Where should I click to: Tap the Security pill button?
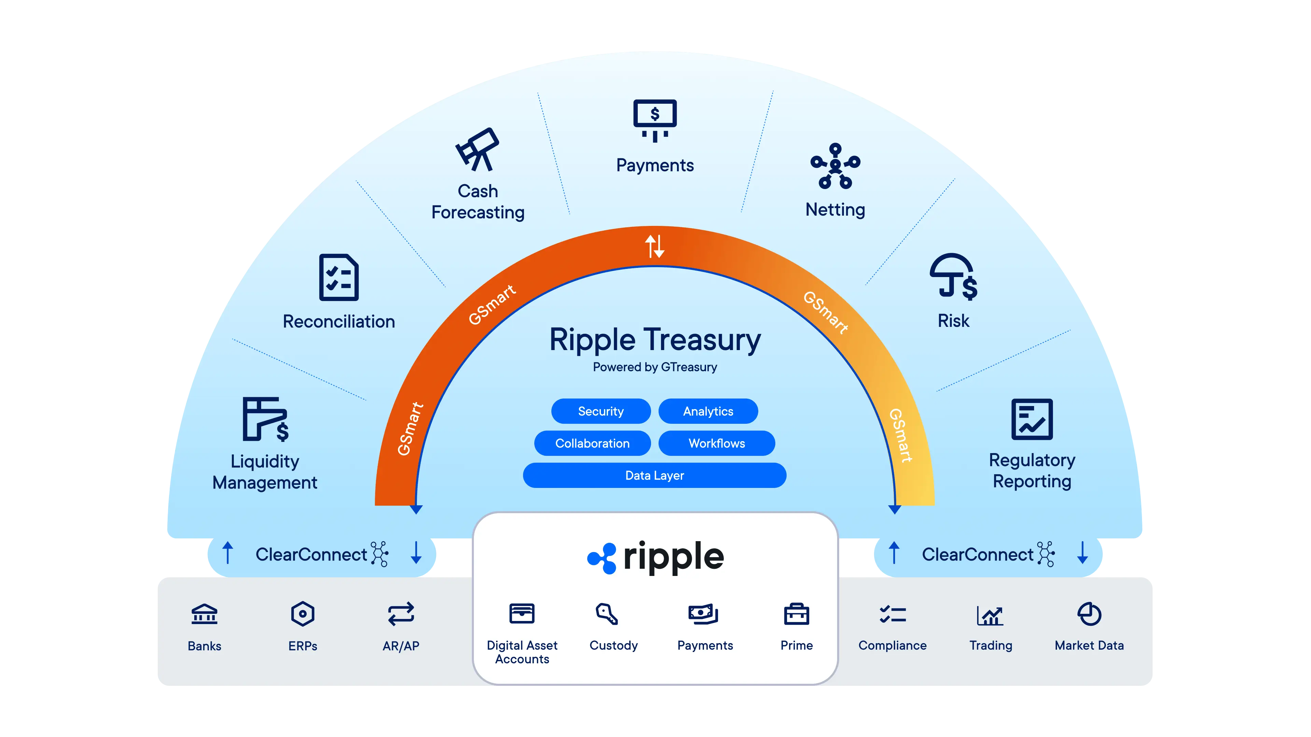click(601, 411)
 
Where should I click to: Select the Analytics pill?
click(708, 411)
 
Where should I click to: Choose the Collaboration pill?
click(592, 443)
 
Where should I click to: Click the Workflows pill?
click(717, 443)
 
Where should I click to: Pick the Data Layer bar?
click(654, 475)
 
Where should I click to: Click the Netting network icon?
click(835, 166)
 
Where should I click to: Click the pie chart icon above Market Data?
click(1089, 614)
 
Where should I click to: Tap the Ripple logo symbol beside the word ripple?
click(602, 558)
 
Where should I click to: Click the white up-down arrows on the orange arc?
click(654, 246)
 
